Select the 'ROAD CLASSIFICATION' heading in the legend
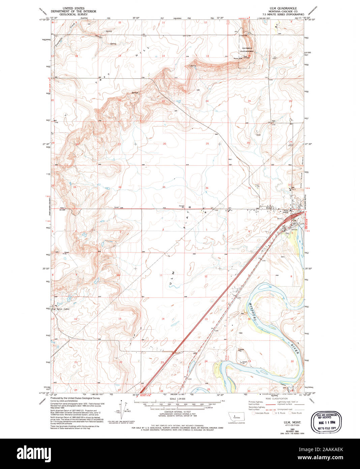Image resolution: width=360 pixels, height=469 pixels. [277, 398]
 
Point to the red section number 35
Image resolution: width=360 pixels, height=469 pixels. [164, 187]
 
